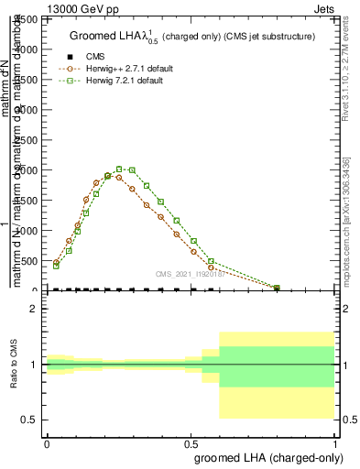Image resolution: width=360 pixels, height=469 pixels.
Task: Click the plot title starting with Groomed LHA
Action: [192, 37]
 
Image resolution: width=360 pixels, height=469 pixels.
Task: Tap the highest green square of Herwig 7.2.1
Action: [119, 169]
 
